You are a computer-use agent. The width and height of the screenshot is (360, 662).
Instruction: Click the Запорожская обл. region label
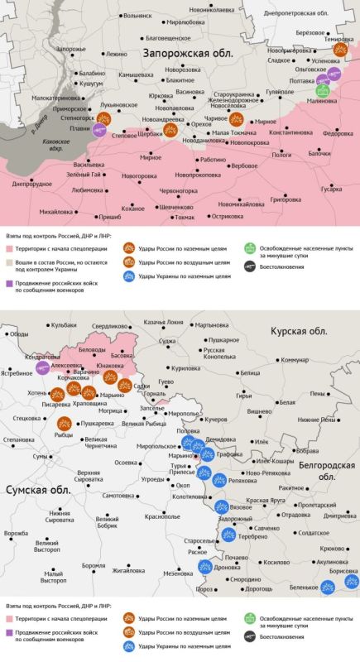coord(188,53)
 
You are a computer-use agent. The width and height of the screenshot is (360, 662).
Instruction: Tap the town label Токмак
coord(184,217)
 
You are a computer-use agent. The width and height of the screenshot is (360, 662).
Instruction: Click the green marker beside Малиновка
coord(324,91)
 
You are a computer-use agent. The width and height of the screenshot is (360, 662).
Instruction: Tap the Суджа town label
coord(168,340)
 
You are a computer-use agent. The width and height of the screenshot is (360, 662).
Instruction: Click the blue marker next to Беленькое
coord(328,586)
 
